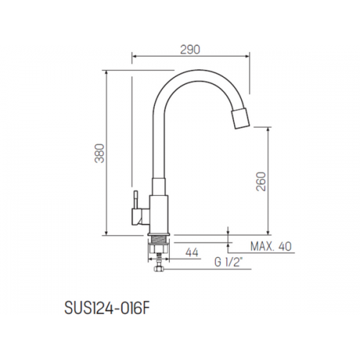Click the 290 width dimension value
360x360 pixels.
coord(190,50)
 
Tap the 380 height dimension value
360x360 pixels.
coord(99,153)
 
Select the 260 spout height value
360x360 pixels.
coord(261,181)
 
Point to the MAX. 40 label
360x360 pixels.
coord(271,246)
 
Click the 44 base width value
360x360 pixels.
coord(192,253)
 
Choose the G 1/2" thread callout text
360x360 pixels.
coord(227,263)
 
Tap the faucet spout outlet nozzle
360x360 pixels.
coord(240,119)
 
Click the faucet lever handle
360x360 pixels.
coord(136,200)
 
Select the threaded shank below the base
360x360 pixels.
coord(159,239)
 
